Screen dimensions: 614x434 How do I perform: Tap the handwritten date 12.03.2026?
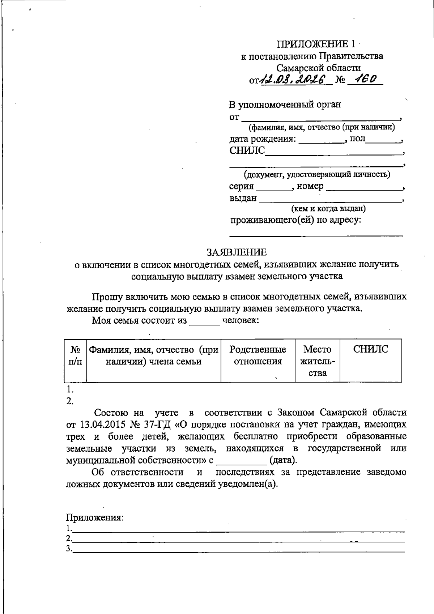point(293,79)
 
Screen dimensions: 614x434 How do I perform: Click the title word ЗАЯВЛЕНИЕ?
point(237,252)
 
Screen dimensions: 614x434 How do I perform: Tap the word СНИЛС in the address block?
point(247,151)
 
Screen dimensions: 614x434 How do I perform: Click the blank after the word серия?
point(274,187)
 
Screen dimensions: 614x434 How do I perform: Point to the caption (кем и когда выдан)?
point(328,209)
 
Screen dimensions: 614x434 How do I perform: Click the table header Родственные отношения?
point(258,355)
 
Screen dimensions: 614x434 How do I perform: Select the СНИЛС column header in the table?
point(371,349)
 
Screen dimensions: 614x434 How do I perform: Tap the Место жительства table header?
point(318,361)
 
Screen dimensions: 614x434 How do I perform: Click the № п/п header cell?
point(75,355)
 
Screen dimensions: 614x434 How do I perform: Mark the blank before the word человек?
point(204,321)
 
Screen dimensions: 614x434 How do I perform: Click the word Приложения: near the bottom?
point(95,517)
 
